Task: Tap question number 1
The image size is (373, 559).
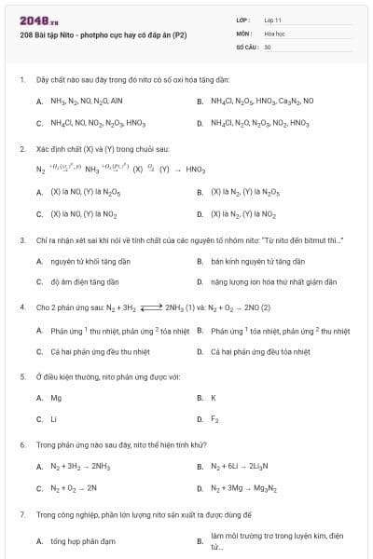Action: [x=21, y=80]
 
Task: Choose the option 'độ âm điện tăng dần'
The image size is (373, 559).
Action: [x=85, y=281]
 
